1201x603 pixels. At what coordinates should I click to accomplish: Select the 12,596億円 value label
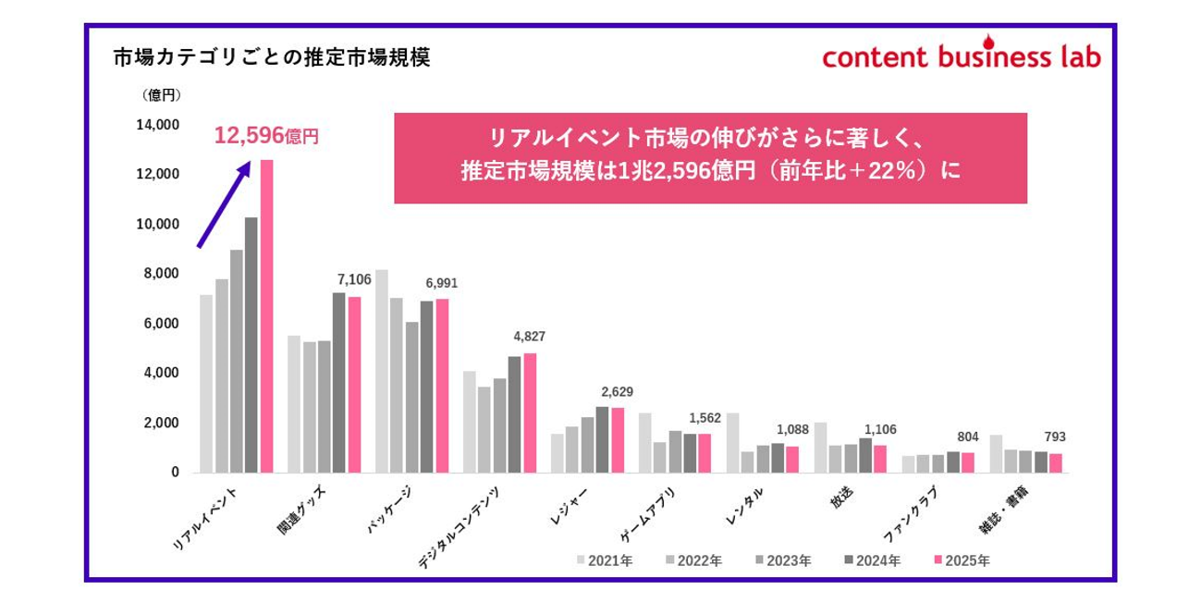pos(266,137)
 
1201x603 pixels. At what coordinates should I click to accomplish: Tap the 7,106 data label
pos(354,279)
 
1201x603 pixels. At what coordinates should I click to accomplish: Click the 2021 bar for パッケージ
pos(382,371)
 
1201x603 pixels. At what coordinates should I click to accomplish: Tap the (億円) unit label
pos(162,94)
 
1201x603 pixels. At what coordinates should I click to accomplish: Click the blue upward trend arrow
pos(224,203)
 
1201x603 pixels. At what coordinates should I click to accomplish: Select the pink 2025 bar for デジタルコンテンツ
pos(530,412)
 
